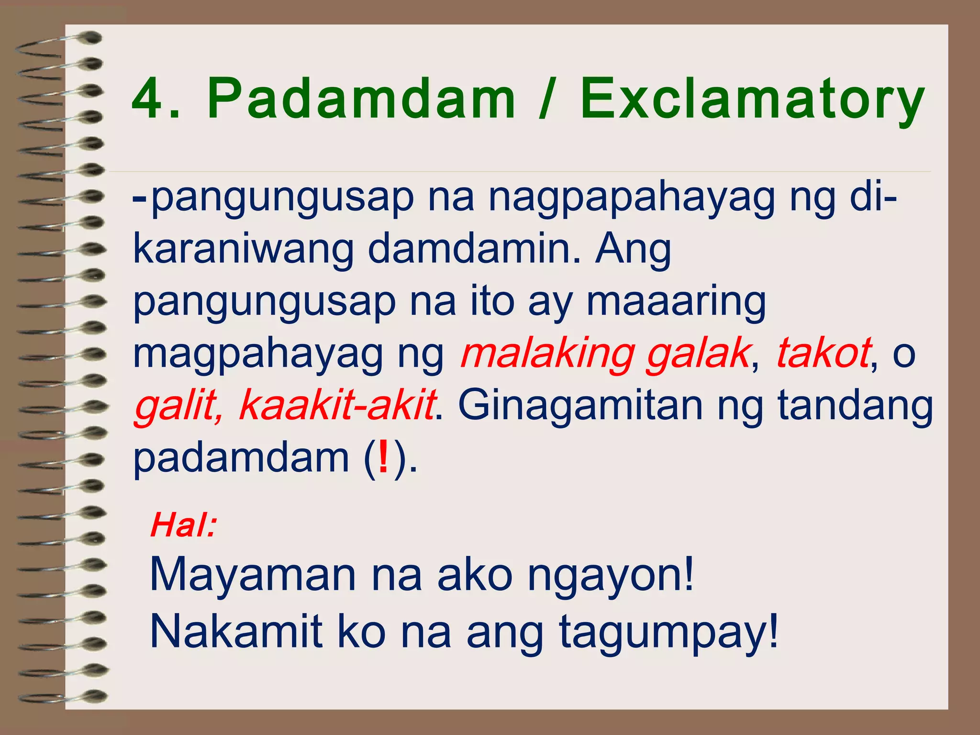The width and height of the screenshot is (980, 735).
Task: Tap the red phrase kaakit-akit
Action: tap(337, 405)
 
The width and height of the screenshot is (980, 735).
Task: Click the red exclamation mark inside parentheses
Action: tap(383, 457)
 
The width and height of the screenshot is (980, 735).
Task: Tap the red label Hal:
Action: tap(184, 525)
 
